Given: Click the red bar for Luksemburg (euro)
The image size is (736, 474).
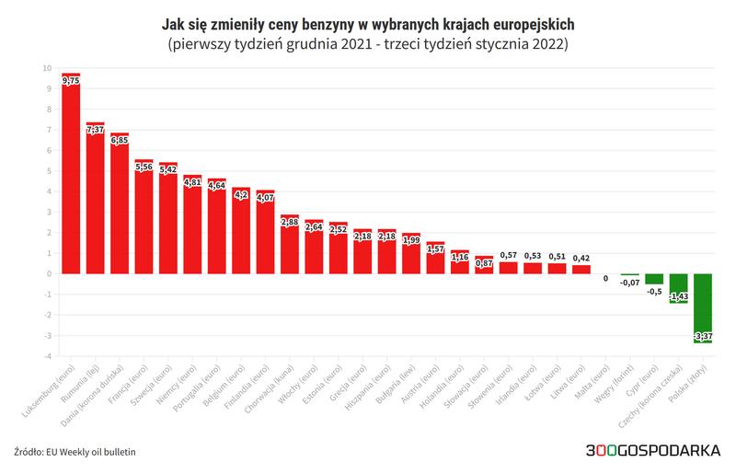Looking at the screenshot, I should point(70,175).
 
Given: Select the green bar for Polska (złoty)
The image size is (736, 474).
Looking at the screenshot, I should point(703,307).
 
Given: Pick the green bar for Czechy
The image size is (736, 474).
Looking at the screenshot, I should point(678,287).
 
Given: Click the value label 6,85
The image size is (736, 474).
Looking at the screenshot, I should point(119,141).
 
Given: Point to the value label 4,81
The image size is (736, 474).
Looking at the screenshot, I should point(191,182).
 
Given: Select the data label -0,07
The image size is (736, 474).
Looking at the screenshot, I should point(629,283).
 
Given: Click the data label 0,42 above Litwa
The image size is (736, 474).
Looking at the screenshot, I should point(581,258).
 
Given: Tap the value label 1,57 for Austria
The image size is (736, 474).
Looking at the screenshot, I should point(435,249).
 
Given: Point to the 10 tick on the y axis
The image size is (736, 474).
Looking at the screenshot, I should point(47,68).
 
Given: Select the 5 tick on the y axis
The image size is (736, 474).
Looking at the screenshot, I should point(49,171).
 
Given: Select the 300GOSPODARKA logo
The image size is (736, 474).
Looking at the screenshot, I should point(652,452).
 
